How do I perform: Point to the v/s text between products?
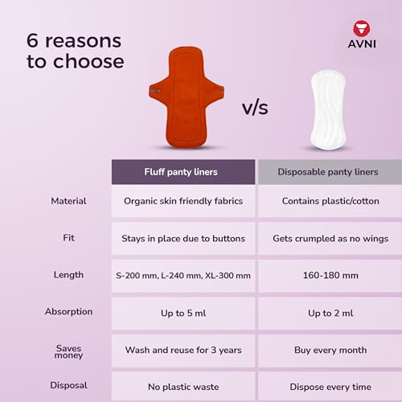(255, 108)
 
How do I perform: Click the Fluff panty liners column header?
(183, 172)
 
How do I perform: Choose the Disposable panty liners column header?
(328, 172)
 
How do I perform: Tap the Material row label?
(68, 201)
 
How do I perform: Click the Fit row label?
(68, 238)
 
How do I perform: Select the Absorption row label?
(68, 311)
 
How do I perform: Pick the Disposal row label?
(68, 384)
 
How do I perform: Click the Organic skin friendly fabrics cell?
(183, 201)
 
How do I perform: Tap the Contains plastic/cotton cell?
(328, 201)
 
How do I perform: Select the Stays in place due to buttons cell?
(183, 239)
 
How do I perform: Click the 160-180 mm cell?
(328, 276)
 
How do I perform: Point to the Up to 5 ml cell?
(183, 313)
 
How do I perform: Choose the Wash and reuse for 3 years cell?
(183, 350)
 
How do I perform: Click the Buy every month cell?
(328, 350)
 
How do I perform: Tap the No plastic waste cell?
(183, 386)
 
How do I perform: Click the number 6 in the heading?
(35, 40)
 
